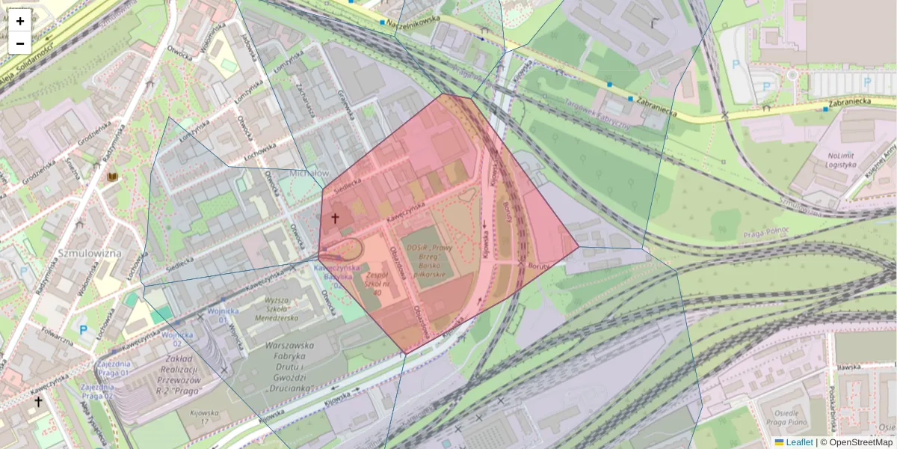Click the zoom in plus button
[20, 21]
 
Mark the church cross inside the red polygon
[335, 219]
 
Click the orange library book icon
[114, 177]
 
